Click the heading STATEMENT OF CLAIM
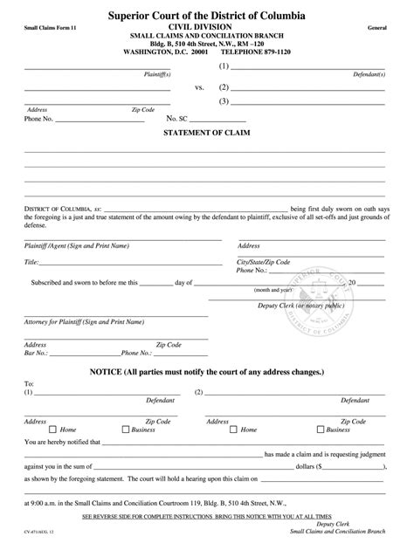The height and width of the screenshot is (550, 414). pyautogui.click(x=206, y=134)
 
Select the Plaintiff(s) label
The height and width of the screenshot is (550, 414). pyautogui.click(x=156, y=74)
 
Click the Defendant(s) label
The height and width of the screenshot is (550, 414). pyautogui.click(x=368, y=74)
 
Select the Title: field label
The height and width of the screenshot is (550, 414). pyautogui.click(x=31, y=262)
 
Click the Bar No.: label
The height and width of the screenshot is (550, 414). pyautogui.click(x=35, y=354)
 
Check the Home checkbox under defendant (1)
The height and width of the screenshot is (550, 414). pyautogui.click(x=53, y=430)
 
